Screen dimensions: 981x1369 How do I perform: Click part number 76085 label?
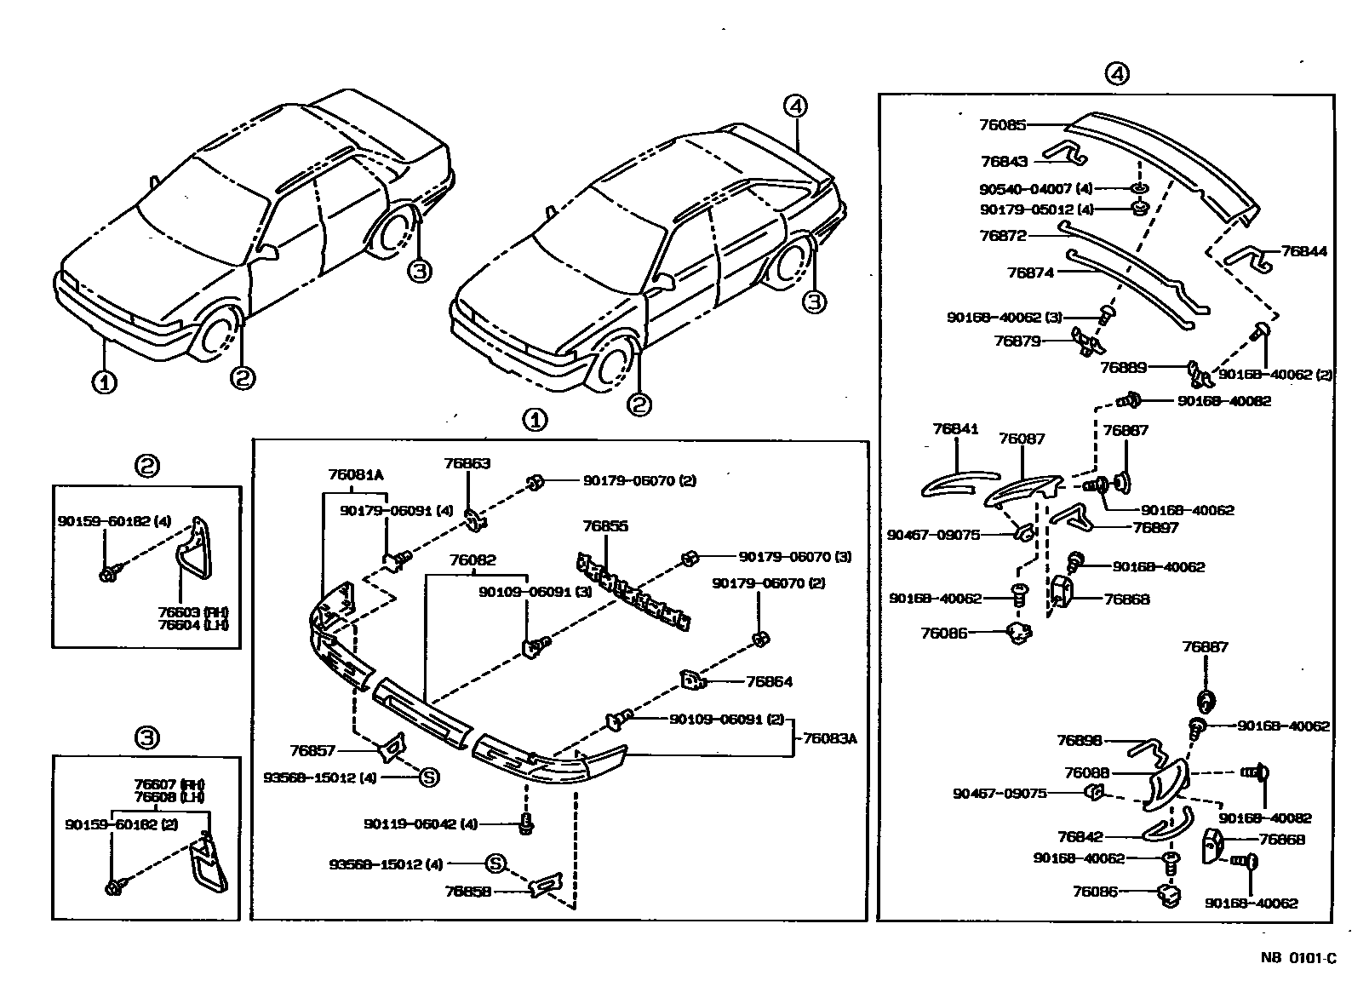click(1003, 124)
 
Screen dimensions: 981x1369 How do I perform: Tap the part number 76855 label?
click(605, 526)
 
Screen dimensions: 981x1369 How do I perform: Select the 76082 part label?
click(473, 560)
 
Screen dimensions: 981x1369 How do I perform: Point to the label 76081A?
click(355, 475)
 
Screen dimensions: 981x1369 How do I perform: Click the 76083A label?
click(829, 739)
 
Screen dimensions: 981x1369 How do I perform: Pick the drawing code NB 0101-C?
click(1298, 958)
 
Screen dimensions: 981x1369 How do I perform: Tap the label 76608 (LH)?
click(169, 796)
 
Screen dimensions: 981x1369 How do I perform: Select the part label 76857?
click(312, 751)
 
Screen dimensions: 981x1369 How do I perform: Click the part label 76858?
click(467, 892)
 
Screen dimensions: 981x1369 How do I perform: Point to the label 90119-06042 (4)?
click(421, 824)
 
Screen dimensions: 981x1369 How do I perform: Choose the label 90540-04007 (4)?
click(1035, 188)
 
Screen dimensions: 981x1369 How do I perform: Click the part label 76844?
click(1303, 251)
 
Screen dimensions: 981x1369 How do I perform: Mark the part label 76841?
click(955, 430)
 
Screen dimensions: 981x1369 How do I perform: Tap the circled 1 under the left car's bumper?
click(104, 381)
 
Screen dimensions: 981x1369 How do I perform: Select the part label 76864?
click(769, 682)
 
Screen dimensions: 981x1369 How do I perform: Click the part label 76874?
click(1030, 272)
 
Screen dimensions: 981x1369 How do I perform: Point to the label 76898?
click(1080, 741)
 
